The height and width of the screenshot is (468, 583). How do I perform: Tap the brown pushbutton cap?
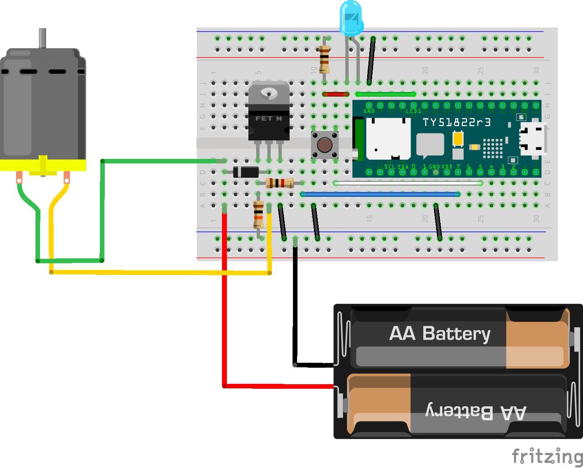[325, 145]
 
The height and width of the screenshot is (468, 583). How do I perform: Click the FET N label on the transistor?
[268, 118]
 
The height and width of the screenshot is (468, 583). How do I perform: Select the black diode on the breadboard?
[246, 172]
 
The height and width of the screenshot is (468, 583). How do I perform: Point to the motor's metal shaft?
[42, 38]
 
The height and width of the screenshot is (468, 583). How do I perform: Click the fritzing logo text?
[547, 456]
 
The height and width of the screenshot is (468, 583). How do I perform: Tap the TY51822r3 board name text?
[457, 123]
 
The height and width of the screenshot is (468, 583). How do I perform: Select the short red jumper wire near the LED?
[336, 94]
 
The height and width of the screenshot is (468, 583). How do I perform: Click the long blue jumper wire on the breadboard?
[380, 194]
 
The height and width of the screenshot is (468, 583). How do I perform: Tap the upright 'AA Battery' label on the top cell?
[440, 333]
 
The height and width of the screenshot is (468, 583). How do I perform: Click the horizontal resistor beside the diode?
[280, 183]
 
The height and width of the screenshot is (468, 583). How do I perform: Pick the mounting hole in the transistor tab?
[269, 93]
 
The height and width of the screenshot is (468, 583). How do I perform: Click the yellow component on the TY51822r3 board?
[458, 138]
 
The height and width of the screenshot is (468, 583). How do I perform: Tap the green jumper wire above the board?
[386, 94]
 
